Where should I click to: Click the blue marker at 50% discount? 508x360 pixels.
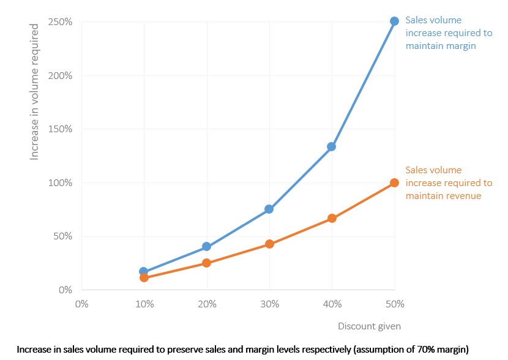[x=394, y=21]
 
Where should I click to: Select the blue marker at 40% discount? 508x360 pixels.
[x=331, y=146]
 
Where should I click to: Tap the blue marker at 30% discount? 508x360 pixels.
[x=268, y=209]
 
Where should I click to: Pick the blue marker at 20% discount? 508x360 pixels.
[x=206, y=246]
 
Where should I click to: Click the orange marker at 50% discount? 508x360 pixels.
[x=394, y=182]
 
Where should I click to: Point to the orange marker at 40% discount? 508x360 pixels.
[x=331, y=218]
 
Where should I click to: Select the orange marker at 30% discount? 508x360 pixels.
[x=269, y=244]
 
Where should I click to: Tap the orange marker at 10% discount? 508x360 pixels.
[x=144, y=277]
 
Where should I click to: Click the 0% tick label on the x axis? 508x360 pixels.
[x=81, y=303]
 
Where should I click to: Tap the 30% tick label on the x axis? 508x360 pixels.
[x=269, y=303]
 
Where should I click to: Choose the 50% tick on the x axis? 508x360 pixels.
[x=395, y=303]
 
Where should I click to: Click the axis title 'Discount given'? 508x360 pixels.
[x=369, y=326]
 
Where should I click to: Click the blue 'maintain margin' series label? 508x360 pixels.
[x=441, y=33]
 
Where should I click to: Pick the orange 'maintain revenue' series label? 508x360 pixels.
[x=448, y=182]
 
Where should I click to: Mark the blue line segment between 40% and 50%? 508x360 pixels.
[x=363, y=83]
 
